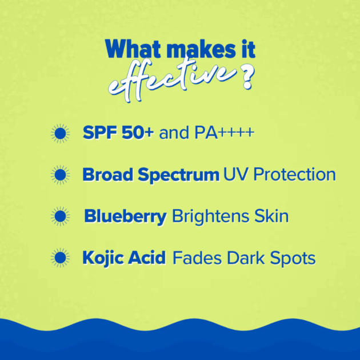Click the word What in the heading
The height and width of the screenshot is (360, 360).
point(133,49)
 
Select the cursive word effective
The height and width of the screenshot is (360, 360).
point(172,78)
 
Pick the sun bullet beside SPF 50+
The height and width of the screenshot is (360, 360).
point(60,133)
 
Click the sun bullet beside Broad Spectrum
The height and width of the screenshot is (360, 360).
point(60,175)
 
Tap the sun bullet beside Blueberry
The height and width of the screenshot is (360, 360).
point(60,216)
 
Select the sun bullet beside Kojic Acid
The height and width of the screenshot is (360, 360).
point(60,258)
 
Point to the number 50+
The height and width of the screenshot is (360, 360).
point(138,133)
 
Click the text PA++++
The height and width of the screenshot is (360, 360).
point(225,133)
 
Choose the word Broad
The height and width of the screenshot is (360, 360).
point(108,175)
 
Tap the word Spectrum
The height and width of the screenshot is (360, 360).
point(179,175)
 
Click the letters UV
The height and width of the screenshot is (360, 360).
point(235,174)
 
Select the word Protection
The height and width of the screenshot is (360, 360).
point(294,174)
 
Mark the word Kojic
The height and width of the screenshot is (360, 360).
point(103,258)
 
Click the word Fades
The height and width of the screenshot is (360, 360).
point(197,258)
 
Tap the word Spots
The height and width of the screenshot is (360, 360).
point(293,259)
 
